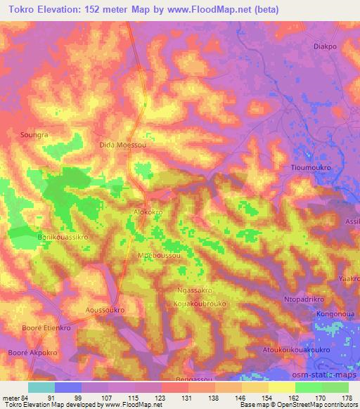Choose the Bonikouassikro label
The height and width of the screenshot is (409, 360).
point(62,238)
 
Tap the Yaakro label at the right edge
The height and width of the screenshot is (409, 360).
point(349,278)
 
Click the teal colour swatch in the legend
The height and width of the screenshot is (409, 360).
point(41,387)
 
